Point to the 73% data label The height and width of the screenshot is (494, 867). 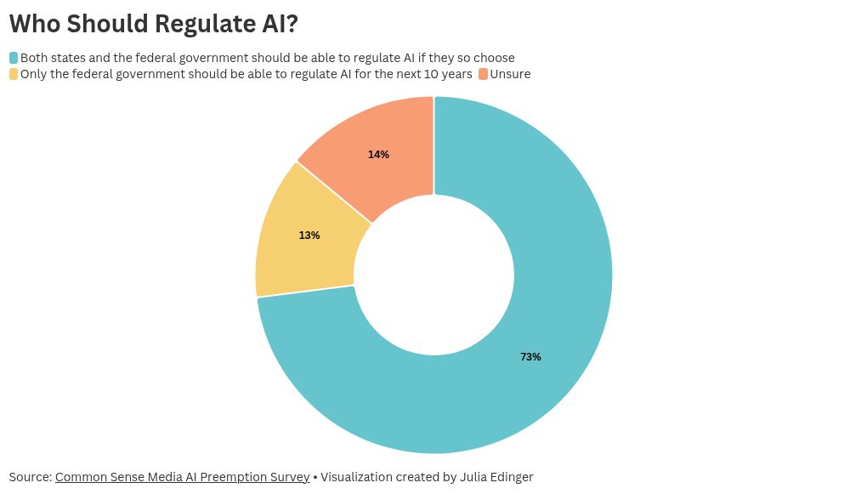(x=530, y=357)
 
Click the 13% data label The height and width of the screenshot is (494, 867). (x=309, y=236)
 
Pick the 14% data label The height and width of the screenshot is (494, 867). (x=378, y=155)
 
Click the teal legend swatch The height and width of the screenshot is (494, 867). (x=14, y=58)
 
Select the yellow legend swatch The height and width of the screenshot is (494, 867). (x=14, y=74)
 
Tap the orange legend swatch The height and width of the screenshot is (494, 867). (x=483, y=74)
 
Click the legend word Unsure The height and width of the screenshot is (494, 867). (x=510, y=74)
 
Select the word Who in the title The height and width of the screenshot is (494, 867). (x=35, y=24)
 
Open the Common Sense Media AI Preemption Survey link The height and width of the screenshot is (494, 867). (x=182, y=477)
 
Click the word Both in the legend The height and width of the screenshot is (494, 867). (x=34, y=58)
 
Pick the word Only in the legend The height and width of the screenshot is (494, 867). (x=34, y=74)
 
